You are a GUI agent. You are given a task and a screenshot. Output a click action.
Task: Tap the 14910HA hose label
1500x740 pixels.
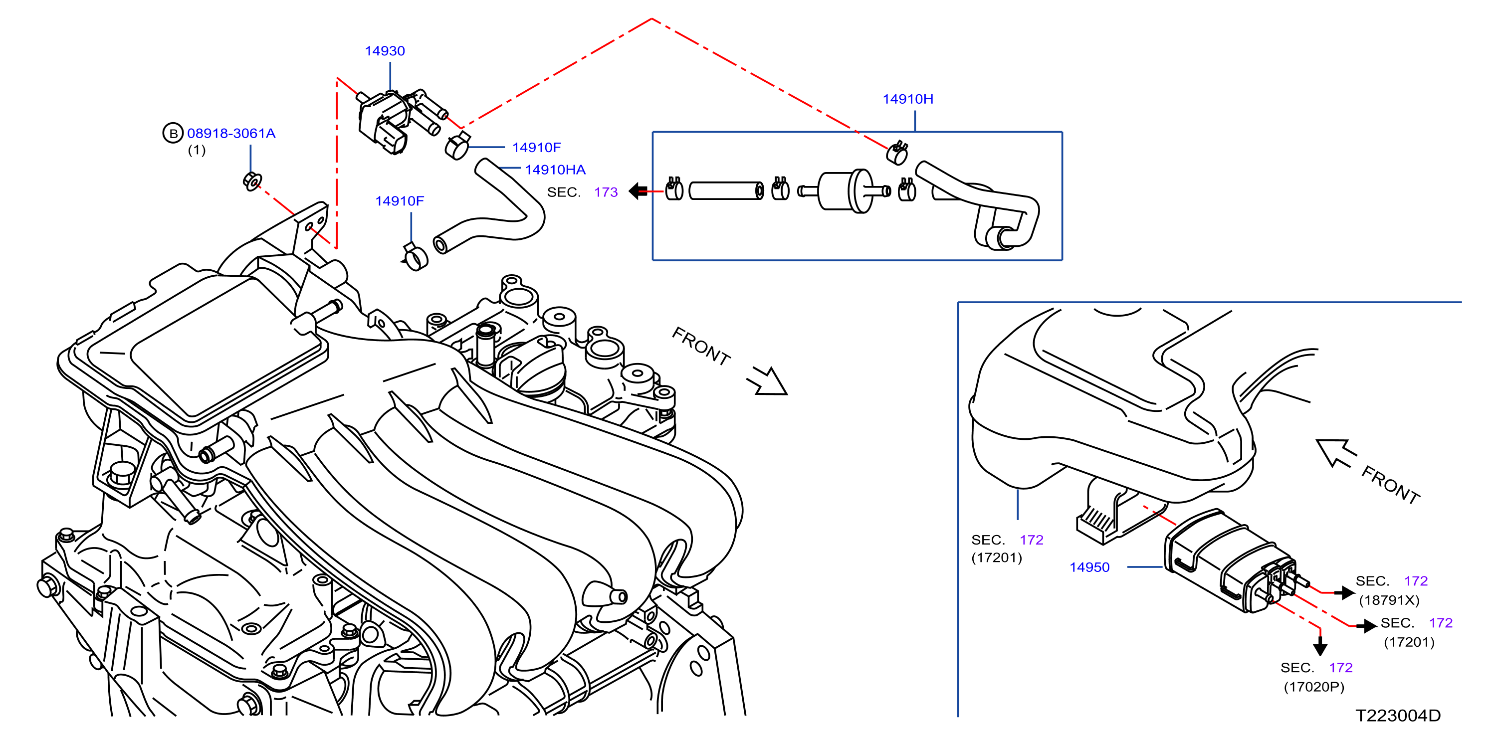pyautogui.click(x=555, y=170)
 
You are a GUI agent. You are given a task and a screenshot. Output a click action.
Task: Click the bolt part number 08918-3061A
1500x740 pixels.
pyautogui.click(x=231, y=133)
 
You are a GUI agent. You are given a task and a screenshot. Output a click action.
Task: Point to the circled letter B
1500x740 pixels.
pyautogui.click(x=173, y=133)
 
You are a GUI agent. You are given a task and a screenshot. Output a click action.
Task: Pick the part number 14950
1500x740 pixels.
pyautogui.click(x=1089, y=567)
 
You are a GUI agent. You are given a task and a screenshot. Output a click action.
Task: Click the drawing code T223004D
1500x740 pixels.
pyautogui.click(x=1398, y=716)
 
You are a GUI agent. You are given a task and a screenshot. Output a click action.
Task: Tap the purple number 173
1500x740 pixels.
pyautogui.click(x=606, y=192)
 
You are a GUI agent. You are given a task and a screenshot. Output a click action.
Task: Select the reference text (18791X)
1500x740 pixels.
pyautogui.click(x=1389, y=600)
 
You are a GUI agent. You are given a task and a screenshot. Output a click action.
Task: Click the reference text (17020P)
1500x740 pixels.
pyautogui.click(x=1313, y=687)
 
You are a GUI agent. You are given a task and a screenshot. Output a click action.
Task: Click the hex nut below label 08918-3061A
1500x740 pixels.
pyautogui.click(x=252, y=181)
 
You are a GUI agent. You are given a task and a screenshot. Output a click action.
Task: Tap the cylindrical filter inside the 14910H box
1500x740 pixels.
pyautogui.click(x=845, y=190)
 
